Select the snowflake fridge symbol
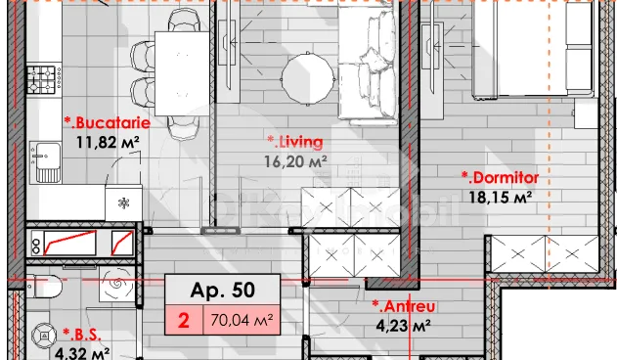(x=123, y=203)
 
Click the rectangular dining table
(x=181, y=70)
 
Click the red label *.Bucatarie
(x=108, y=122)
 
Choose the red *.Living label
(x=296, y=142)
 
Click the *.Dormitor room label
(x=500, y=178)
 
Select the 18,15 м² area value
(x=500, y=197)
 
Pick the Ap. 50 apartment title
(x=222, y=290)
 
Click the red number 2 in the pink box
(x=183, y=318)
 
